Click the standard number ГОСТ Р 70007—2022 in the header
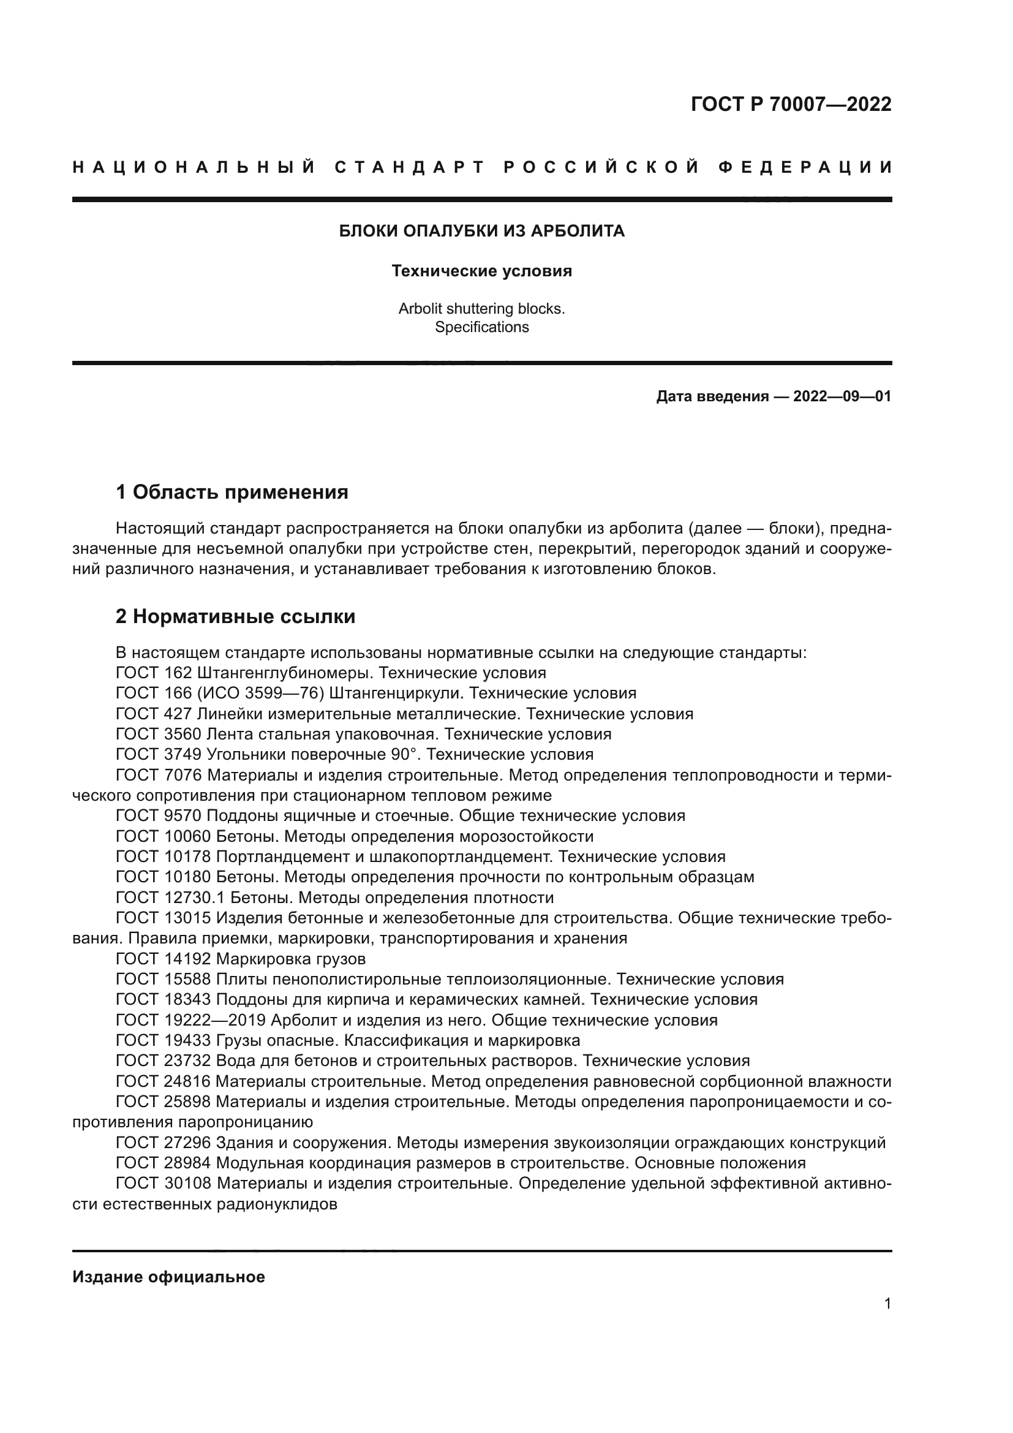pyautogui.click(x=790, y=104)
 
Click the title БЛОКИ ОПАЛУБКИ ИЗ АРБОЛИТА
pyautogui.click(x=481, y=232)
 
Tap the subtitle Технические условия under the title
pyautogui.click(x=481, y=271)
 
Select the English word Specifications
pyautogui.click(x=481, y=327)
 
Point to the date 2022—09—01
pyautogui.click(x=842, y=396)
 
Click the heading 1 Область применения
pyautogui.click(x=232, y=493)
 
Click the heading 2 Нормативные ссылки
pyautogui.click(x=236, y=617)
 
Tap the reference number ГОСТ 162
pyautogui.click(x=154, y=673)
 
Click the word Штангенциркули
pyautogui.click(x=395, y=694)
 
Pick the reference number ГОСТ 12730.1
pyautogui.click(x=170, y=898)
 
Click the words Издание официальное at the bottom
pyautogui.click(x=169, y=1277)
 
